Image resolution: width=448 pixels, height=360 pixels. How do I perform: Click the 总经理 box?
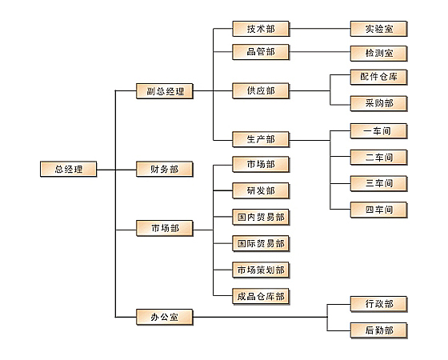pos(69,169)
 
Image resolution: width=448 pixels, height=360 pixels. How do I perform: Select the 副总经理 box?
pos(165,91)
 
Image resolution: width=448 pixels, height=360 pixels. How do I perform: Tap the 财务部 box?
pos(165,169)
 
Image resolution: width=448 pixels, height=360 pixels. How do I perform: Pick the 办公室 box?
pos(165,317)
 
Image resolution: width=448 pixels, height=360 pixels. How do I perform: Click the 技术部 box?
pos(261,29)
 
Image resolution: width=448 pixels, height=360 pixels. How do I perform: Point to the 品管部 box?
pos(261,52)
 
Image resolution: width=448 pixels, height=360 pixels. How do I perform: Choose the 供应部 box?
pos(261,91)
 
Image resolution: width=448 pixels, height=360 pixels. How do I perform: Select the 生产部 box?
pos(261,139)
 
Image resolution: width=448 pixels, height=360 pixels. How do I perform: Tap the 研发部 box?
pos(261,190)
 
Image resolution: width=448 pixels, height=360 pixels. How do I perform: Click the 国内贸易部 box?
pos(261,217)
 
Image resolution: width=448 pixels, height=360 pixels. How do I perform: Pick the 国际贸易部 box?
pos(261,243)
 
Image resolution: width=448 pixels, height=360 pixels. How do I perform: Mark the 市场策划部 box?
pos(261,270)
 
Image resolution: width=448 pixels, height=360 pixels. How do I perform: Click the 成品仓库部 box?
pos(261,297)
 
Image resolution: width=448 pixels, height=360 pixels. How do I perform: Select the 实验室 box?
pos(379,29)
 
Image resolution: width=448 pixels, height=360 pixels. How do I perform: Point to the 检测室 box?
pos(379,54)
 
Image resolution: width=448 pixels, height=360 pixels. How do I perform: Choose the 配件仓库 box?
pos(379,77)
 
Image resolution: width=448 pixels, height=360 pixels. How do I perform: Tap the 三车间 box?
pos(379,183)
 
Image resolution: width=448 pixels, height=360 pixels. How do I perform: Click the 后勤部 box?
pos(379,330)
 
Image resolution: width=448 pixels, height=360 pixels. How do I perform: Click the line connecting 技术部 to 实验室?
pos(320,29)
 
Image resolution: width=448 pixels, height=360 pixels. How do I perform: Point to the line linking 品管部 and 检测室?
pos(320,52)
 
